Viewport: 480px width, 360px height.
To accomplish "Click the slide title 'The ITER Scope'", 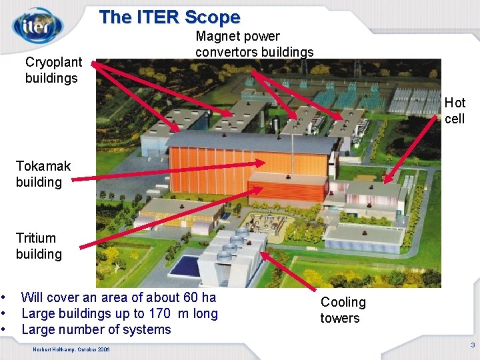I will coord(169,17).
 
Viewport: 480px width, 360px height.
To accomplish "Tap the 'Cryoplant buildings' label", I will coord(53,70).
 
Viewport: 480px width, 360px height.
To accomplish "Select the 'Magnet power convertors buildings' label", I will coord(254,44).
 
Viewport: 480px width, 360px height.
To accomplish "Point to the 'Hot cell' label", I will coord(455,111).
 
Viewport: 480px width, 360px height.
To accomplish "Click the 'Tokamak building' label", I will coord(43,173).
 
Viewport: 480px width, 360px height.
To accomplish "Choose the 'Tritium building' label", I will coord(39,246).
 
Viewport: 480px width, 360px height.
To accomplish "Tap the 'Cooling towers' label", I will coord(343,310).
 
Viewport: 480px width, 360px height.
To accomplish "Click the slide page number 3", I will coord(472,345).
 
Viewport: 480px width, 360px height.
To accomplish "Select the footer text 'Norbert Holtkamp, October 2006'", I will coord(71,350).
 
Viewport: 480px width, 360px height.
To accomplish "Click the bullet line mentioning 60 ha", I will coord(119,297).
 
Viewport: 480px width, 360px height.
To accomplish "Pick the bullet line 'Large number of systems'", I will coord(96,329).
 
